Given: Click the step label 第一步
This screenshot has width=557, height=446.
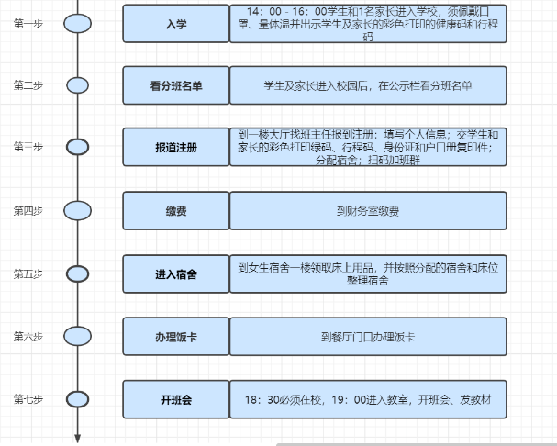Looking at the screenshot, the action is click(x=28, y=24).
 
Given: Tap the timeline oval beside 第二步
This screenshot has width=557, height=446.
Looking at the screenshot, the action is click(x=77, y=85).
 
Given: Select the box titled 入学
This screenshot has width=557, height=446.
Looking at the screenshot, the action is click(x=176, y=24).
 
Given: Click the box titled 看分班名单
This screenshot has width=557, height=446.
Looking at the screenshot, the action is click(x=176, y=85).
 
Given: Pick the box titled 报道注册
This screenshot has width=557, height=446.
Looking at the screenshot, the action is click(x=176, y=147).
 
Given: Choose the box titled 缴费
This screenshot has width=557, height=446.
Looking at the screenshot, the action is click(x=176, y=211).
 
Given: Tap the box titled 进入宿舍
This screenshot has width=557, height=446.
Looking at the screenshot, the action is click(x=176, y=274).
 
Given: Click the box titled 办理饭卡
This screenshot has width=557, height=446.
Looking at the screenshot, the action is click(x=176, y=337).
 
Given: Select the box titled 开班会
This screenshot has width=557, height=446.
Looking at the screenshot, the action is click(x=176, y=399).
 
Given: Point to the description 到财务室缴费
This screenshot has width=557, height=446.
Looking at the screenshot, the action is click(x=368, y=211).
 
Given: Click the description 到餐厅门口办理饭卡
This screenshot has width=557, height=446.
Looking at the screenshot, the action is click(x=368, y=337).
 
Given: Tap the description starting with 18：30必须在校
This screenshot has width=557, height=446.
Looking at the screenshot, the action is click(x=368, y=400).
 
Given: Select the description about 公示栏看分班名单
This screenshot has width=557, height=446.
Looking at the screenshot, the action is click(x=368, y=85).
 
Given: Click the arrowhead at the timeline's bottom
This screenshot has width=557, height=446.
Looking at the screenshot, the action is click(x=77, y=439).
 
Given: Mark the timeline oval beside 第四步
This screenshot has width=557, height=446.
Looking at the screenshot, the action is click(x=77, y=211).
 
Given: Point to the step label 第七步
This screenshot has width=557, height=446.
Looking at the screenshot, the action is click(x=28, y=399).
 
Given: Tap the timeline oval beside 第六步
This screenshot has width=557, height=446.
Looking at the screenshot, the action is click(x=77, y=336).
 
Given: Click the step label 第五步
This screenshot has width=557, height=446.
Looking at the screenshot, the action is click(x=28, y=274).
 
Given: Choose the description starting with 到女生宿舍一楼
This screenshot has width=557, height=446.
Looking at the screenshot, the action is click(x=368, y=274).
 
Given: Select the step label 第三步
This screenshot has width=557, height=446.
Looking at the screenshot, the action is click(x=28, y=147).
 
